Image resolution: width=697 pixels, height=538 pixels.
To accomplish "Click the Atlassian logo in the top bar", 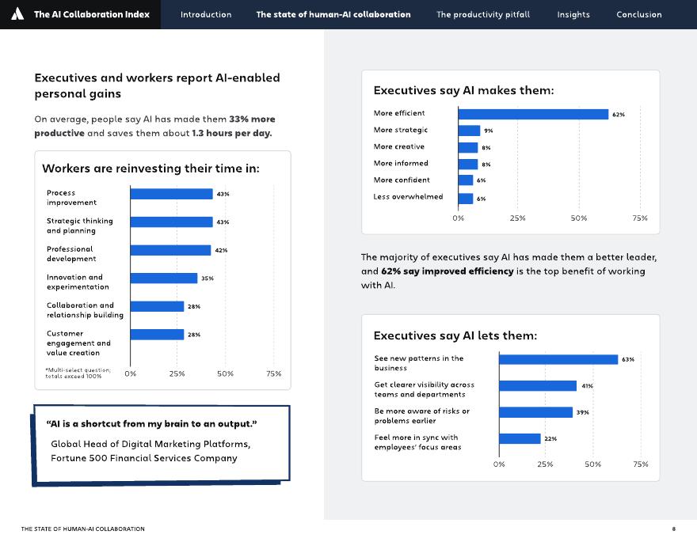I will (x=18, y=14).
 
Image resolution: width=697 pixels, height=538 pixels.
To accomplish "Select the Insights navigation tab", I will (x=573, y=14).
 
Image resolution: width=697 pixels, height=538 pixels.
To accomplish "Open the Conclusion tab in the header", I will (x=638, y=14).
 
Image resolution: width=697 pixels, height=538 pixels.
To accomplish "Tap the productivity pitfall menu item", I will (x=483, y=14).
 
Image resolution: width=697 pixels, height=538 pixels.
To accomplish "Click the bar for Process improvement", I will (x=171, y=194).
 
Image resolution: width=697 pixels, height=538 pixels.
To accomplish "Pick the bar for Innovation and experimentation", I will (x=163, y=278).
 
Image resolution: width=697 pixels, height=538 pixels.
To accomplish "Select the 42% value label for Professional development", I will (x=222, y=250).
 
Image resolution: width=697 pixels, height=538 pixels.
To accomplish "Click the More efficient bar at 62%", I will (x=533, y=114).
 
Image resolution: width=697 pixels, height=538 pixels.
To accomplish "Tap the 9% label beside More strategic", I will (x=488, y=131).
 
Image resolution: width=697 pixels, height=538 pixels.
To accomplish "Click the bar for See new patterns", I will (x=558, y=359).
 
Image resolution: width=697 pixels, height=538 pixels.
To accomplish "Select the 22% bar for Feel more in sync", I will (x=520, y=438).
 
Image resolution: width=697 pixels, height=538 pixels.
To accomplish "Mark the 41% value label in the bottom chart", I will (x=587, y=386).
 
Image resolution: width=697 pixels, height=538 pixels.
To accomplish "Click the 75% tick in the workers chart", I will (x=273, y=373).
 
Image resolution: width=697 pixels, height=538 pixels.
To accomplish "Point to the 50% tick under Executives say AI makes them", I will (x=579, y=218).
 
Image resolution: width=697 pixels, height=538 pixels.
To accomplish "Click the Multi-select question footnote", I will (x=78, y=373).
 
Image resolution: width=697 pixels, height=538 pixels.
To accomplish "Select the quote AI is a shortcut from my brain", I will (x=151, y=424).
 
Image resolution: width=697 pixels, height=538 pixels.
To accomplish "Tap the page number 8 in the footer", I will (x=673, y=529).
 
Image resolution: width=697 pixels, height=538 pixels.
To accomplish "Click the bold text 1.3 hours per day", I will (x=231, y=133).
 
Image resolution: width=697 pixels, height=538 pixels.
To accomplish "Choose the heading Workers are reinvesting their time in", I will (x=150, y=169).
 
